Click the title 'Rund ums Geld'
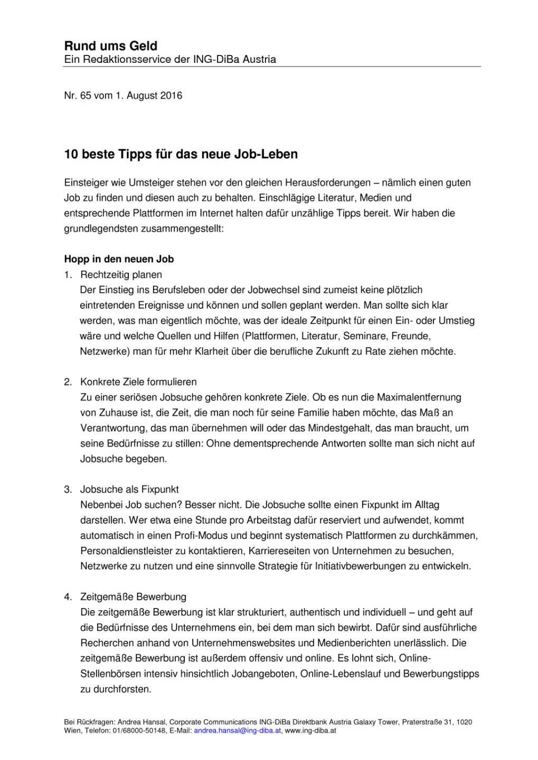110,46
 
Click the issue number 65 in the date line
86,96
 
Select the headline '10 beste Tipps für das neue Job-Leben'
181,154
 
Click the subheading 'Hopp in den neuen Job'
119,259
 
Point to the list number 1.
68,274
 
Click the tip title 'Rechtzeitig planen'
121,274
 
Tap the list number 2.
68,382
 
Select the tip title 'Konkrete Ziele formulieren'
138,382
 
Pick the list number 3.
68,489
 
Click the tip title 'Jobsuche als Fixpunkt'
129,489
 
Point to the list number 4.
68,597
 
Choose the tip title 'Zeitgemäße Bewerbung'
133,597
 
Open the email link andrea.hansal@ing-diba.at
237,730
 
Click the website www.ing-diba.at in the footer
310,730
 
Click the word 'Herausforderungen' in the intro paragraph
328,183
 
